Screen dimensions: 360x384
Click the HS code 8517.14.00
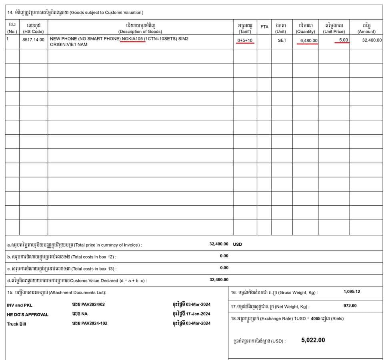34,40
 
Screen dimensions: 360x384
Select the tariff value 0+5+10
245,40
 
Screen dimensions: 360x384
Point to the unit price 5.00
343,40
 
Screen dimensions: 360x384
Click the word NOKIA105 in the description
134,39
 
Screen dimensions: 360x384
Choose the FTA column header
264,27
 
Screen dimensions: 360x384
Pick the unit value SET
282,40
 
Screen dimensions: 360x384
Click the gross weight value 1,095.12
352,292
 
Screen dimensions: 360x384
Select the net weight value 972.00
350,306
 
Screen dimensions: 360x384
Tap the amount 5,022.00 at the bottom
313,340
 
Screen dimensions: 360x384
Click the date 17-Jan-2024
198,314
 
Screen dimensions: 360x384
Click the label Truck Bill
16,324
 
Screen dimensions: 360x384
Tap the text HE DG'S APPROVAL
28,314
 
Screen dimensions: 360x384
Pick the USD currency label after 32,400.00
238,244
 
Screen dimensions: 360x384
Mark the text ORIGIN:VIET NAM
68,45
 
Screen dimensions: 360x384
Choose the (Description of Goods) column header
140,32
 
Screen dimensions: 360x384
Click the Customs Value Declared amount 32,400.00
219,280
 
